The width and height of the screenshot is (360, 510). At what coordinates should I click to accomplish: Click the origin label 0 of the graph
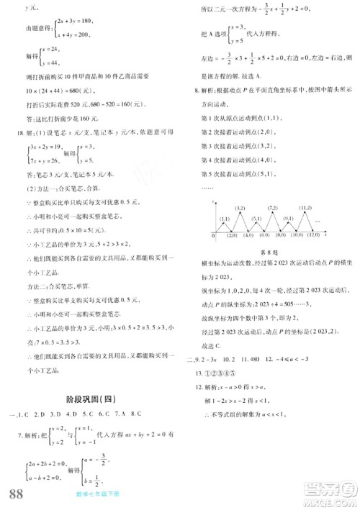(215, 234)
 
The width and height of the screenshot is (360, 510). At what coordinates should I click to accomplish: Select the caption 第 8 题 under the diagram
(267, 251)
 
